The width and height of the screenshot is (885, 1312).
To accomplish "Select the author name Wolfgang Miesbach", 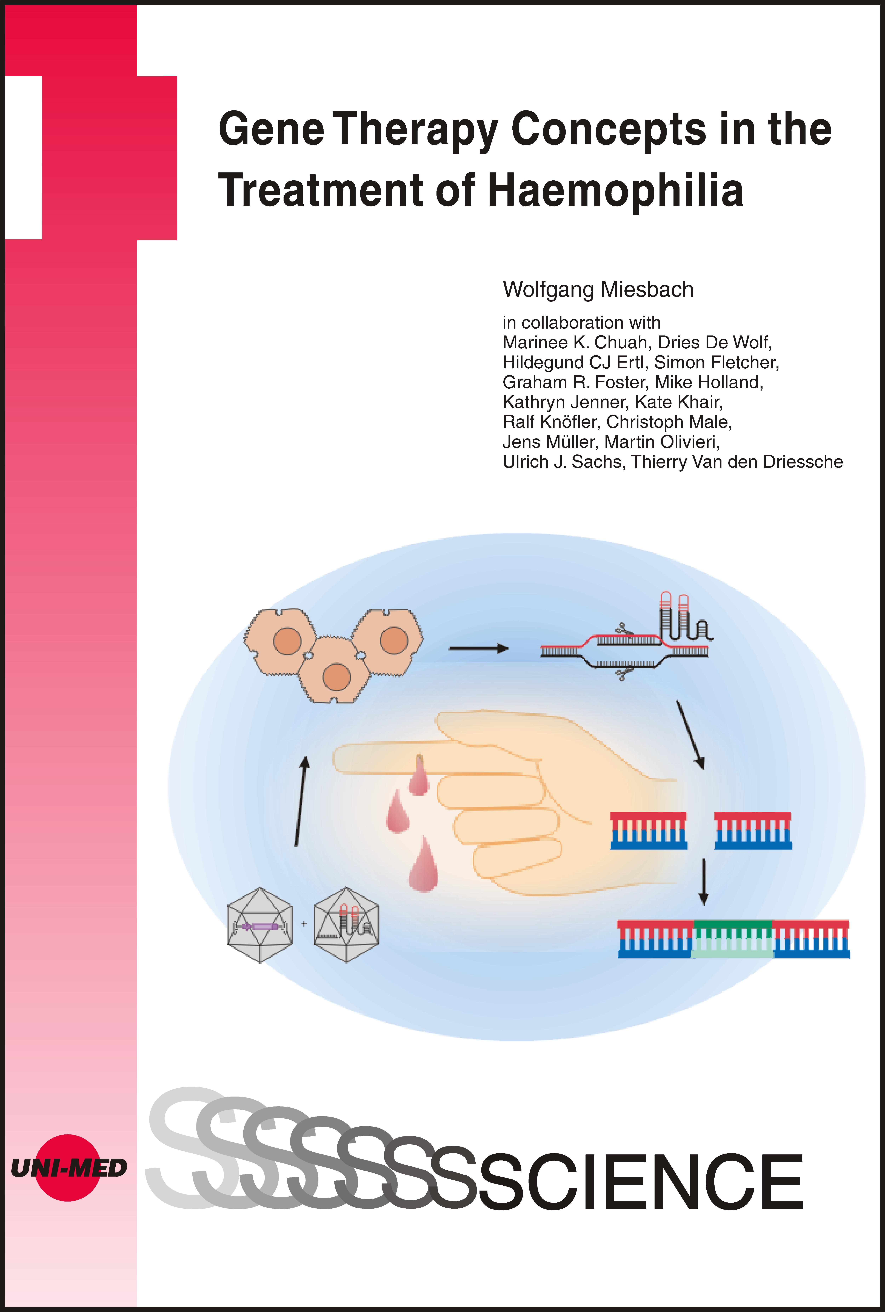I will tap(598, 290).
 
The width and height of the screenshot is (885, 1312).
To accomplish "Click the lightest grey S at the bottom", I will tap(181, 1152).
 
